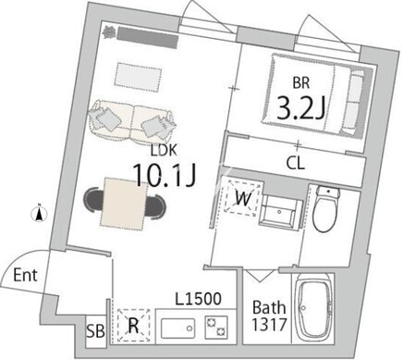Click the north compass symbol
tap(39, 214)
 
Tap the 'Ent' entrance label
tap(25, 275)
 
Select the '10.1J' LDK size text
tap(165, 175)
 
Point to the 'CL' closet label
tap(296, 163)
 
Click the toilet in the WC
tap(325, 208)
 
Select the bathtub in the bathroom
tap(313, 308)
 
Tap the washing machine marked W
tap(243, 198)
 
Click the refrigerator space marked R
tap(133, 325)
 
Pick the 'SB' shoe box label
tap(95, 331)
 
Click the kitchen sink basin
tap(177, 329)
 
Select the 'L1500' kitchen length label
tap(198, 299)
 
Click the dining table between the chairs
tap(123, 204)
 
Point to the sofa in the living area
tap(132, 119)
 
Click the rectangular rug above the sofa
tap(138, 77)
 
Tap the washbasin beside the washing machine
tap(280, 211)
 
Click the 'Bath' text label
tap(269, 307)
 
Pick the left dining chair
tap(93, 201)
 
